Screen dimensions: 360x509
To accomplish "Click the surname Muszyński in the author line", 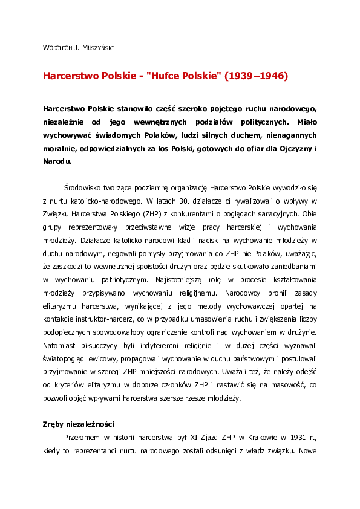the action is [97, 47].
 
